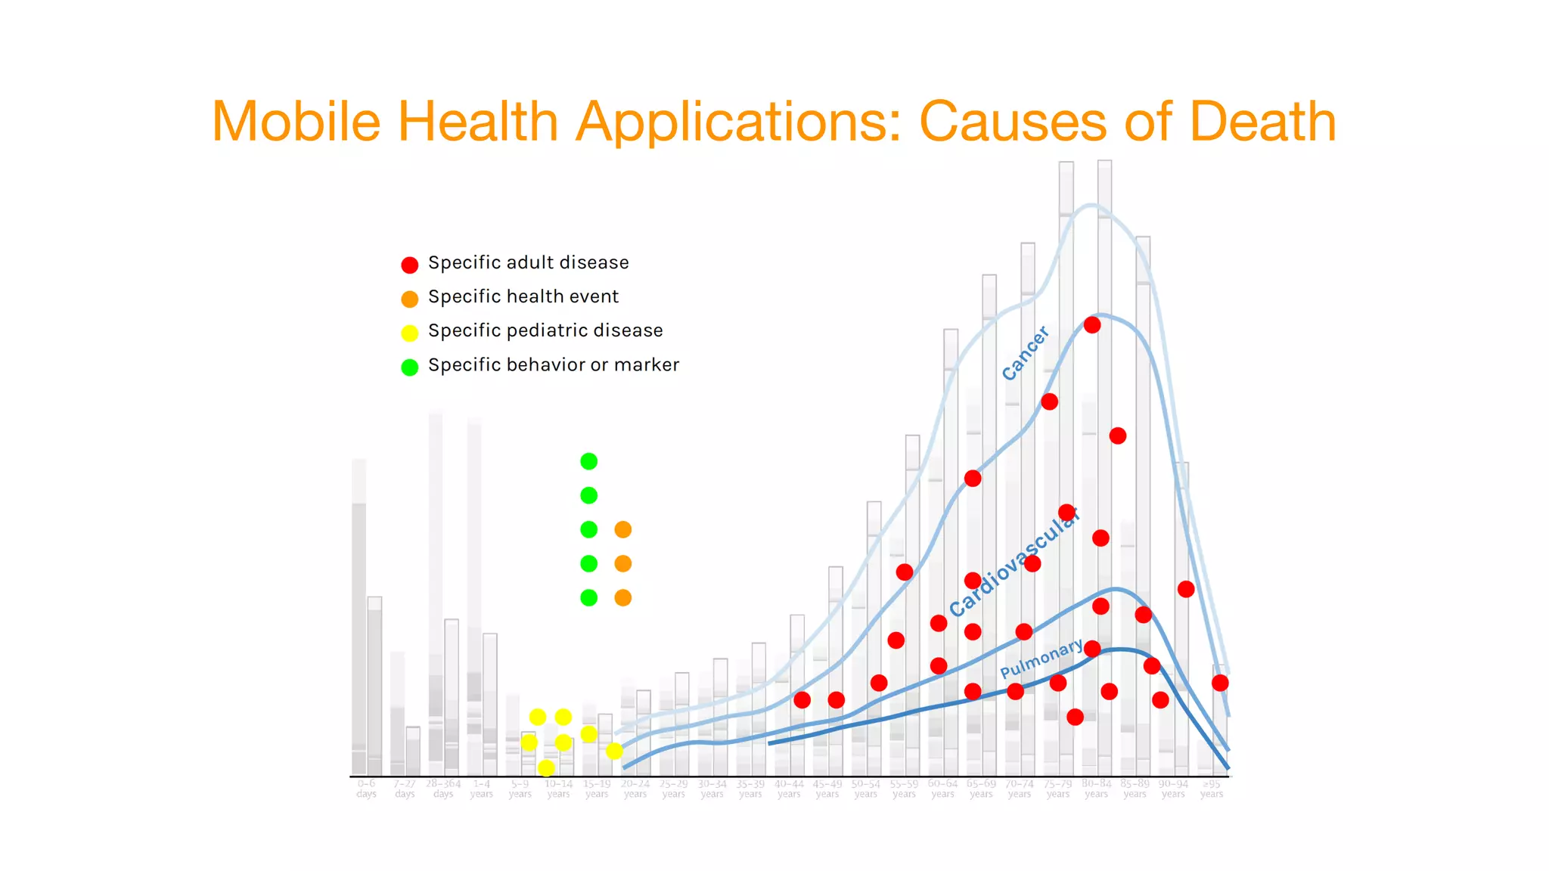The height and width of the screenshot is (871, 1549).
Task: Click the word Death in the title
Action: [x=1262, y=122]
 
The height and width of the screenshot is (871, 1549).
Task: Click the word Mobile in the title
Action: [x=296, y=122]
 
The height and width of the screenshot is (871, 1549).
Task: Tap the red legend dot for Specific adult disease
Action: [x=409, y=265]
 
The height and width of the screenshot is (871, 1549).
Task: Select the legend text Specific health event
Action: [x=523, y=297]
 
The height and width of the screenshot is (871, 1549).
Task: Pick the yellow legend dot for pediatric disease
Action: [x=409, y=333]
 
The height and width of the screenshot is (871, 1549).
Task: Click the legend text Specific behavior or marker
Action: [x=553, y=365]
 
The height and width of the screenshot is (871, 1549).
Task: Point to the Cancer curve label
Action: [x=1025, y=353]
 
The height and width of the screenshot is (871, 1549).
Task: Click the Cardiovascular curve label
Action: [x=1014, y=563]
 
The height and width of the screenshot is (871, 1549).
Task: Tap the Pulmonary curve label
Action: [x=1041, y=659]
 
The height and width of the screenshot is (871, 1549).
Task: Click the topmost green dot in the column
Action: [x=588, y=461]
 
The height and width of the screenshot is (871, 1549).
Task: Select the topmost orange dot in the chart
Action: [x=622, y=529]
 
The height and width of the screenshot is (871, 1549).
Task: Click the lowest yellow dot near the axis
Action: [x=546, y=768]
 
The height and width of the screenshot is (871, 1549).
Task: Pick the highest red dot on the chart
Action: [x=1091, y=325]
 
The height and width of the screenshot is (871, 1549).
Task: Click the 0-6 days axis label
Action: [x=366, y=789]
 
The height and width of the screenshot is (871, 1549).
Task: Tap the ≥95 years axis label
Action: [x=1211, y=789]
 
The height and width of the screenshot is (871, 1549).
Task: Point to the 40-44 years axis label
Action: [x=789, y=789]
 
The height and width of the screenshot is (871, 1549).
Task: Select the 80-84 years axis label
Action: [x=1096, y=789]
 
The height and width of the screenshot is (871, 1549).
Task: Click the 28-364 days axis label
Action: [x=443, y=789]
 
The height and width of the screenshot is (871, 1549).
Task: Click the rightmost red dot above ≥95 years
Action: [x=1219, y=683]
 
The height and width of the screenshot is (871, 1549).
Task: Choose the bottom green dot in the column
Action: [x=588, y=597]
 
